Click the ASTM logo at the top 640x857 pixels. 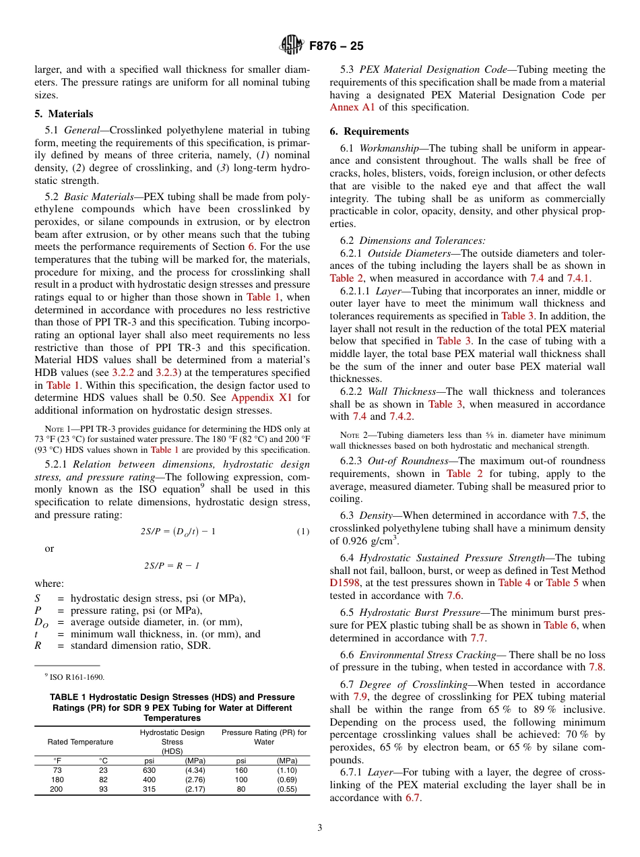point(292,46)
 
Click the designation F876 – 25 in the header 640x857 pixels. point(336,46)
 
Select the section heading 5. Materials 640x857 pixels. point(64,114)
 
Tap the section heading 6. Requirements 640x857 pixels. point(369,131)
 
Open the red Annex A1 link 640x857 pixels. point(352,107)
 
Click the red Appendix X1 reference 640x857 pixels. point(261,398)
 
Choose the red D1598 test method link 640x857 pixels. point(344,583)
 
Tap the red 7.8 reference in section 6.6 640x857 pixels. point(597,668)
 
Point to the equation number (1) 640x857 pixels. point(303,532)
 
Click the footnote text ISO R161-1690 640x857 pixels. point(75,676)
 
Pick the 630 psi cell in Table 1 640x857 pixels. point(149,769)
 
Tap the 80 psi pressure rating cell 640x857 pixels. point(241,789)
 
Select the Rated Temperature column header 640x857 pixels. point(80,742)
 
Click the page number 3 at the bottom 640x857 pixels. point(319,827)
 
